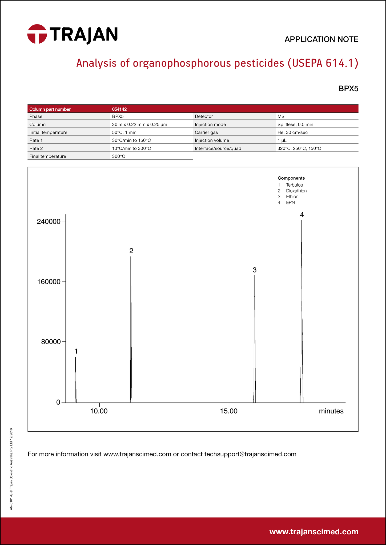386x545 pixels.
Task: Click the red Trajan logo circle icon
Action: click(37, 34)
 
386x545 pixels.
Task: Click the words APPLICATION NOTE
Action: click(321, 39)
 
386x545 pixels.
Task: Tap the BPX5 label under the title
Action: click(348, 89)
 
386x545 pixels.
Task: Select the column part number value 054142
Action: click(119, 109)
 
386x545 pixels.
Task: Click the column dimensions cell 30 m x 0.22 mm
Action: click(139, 124)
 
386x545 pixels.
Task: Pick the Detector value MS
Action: click(281, 116)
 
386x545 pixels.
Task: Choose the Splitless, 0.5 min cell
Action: click(295, 124)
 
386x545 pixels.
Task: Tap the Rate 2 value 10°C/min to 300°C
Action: click(131, 148)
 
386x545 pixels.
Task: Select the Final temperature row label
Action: click(48, 156)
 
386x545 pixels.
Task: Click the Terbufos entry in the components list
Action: click(294, 185)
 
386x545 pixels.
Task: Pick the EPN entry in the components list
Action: click(290, 203)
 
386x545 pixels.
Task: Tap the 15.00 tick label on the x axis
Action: click(229, 411)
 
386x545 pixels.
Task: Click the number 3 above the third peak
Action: click(255, 270)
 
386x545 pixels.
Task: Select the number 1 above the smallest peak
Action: click(76, 351)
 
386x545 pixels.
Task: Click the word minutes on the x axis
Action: click(331, 411)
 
